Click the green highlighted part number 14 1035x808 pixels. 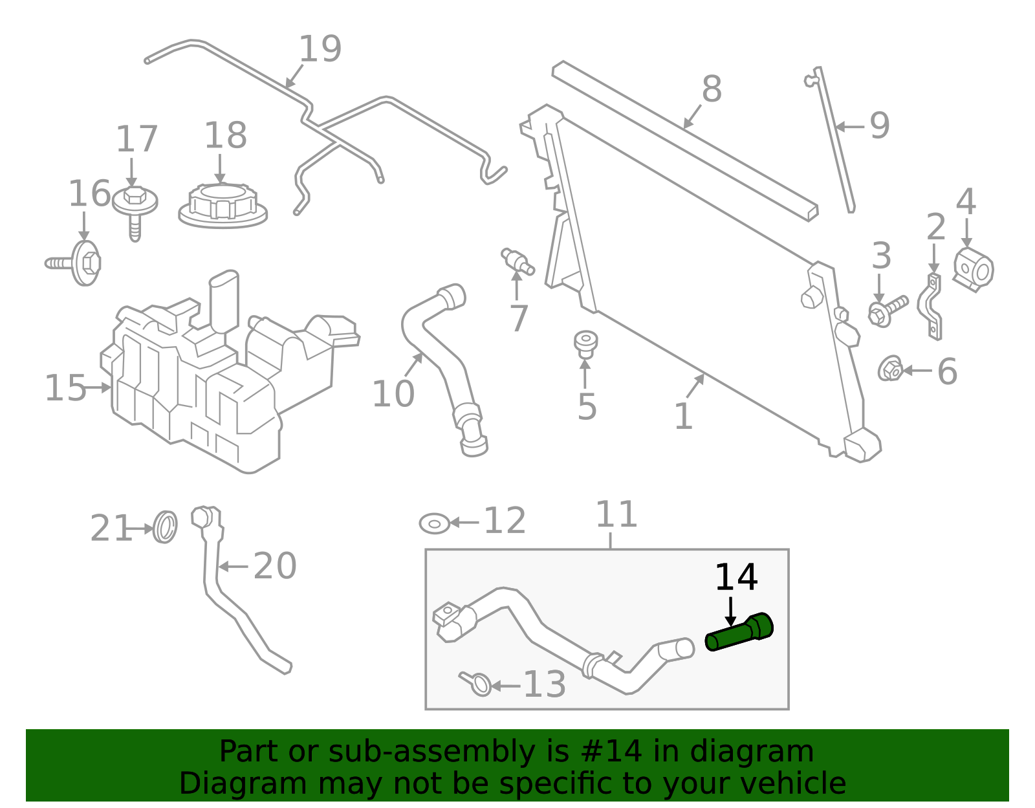739,633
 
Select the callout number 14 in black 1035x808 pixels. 735,578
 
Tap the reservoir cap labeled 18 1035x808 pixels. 223,205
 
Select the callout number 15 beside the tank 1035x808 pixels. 65,388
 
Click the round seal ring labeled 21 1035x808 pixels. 166,527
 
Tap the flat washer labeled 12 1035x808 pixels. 435,523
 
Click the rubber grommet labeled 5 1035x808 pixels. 585,343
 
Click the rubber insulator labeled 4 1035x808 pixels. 974,269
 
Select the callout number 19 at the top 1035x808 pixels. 320,49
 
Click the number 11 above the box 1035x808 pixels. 616,515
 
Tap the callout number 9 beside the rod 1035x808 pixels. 879,126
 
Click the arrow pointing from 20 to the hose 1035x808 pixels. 233,567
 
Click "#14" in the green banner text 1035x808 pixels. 611,752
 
